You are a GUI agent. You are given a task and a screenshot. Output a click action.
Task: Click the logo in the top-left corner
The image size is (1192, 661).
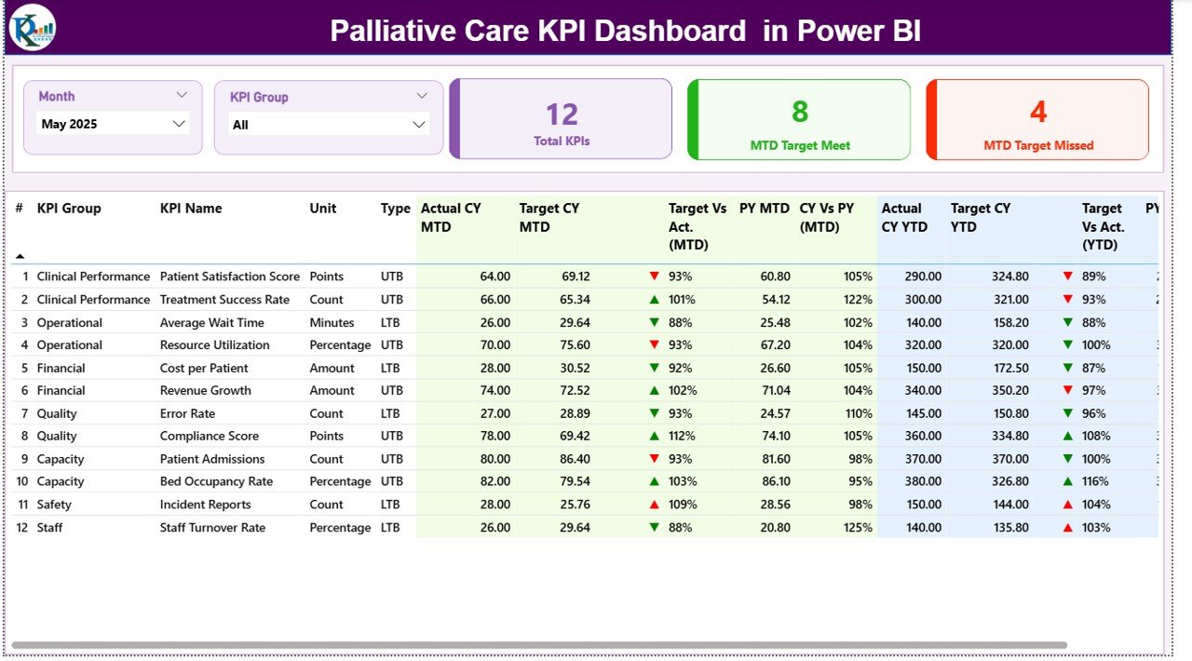[33, 28]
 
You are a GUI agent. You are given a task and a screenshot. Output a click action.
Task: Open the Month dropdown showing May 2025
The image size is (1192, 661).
[114, 124]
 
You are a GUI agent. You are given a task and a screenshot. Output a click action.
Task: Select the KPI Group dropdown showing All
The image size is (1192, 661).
[328, 125]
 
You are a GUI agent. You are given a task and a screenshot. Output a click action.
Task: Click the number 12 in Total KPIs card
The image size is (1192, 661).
[562, 115]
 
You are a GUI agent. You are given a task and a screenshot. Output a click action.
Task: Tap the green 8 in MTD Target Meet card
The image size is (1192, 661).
[800, 112]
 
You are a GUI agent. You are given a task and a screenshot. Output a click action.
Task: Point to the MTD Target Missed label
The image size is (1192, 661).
[1038, 145]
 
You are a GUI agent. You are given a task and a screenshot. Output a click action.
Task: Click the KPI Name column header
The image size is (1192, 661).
[191, 209]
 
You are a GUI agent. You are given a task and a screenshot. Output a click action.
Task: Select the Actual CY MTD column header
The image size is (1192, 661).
[451, 217]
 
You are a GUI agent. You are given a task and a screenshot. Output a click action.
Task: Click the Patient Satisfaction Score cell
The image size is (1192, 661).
[230, 277]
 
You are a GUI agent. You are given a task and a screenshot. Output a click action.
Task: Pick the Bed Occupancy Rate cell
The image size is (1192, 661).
[216, 481]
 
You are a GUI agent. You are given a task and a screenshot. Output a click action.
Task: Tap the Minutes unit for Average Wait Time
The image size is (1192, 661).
[332, 322]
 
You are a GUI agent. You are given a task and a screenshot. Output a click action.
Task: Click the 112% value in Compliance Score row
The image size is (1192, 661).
[683, 436]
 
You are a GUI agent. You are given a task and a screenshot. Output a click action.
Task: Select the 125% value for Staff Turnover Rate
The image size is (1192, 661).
[858, 527]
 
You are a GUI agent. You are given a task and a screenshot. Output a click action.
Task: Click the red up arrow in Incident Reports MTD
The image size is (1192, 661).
[655, 505]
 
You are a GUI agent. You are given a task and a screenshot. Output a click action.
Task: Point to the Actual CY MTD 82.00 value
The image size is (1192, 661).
[492, 481]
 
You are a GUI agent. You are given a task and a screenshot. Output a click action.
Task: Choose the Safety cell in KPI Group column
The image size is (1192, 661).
[55, 505]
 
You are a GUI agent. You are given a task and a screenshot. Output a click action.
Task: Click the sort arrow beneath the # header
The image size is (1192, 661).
[20, 256]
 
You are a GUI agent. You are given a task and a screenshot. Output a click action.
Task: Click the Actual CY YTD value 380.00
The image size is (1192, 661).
[921, 481]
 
